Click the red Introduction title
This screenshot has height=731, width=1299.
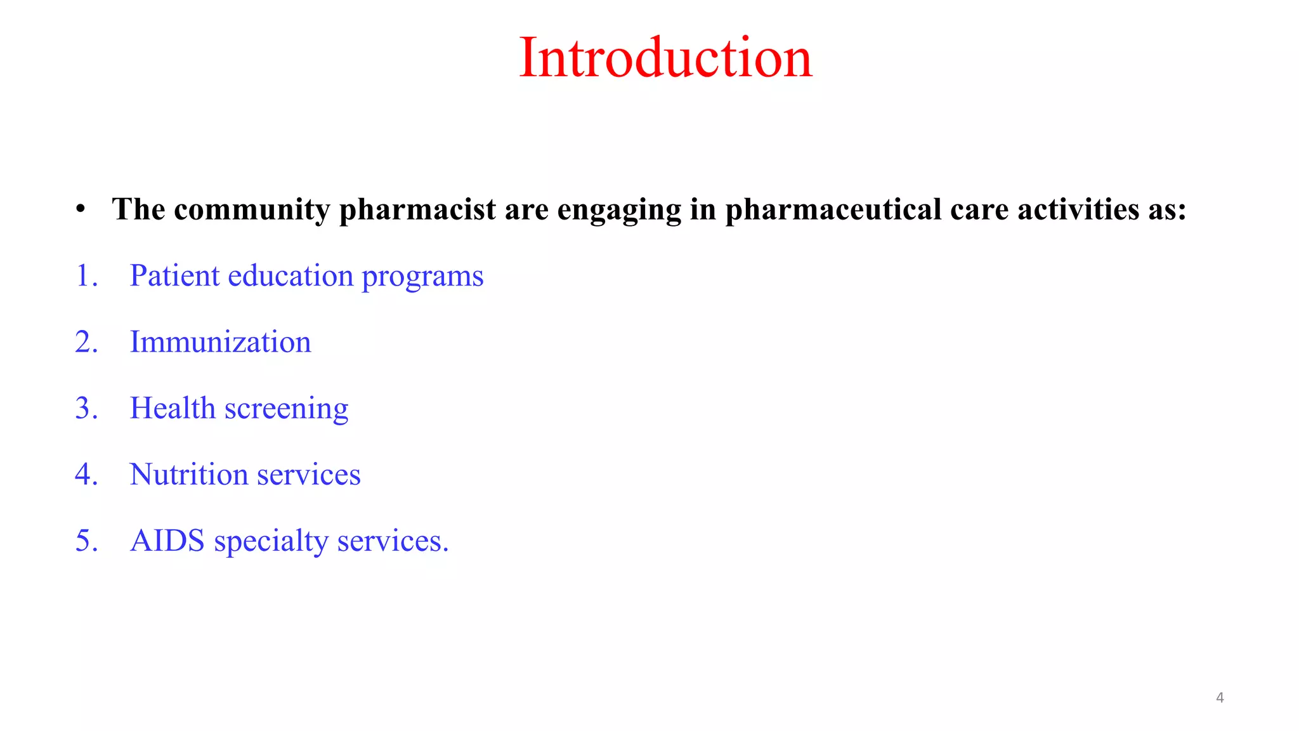tap(665, 58)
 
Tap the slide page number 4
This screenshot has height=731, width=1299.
tap(1219, 698)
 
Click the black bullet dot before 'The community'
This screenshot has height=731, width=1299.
tap(80, 209)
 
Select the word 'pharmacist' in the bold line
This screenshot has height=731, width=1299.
tap(417, 210)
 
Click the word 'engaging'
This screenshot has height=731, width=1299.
tap(618, 210)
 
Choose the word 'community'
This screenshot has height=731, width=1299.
tap(252, 210)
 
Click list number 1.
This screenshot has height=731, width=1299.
tap(86, 276)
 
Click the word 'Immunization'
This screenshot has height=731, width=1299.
tap(220, 342)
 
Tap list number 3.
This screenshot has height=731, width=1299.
tap(86, 408)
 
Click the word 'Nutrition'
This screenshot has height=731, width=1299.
tap(188, 475)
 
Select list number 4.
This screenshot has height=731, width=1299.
tap(86, 475)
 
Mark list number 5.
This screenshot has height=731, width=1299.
tap(86, 541)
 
